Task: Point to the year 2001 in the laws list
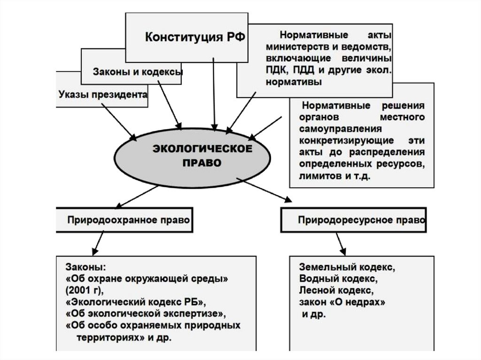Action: pos(79,290)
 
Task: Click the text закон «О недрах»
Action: pos(342,303)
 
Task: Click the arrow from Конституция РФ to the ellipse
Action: pos(214,94)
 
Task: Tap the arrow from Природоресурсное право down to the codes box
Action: pos(340,244)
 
